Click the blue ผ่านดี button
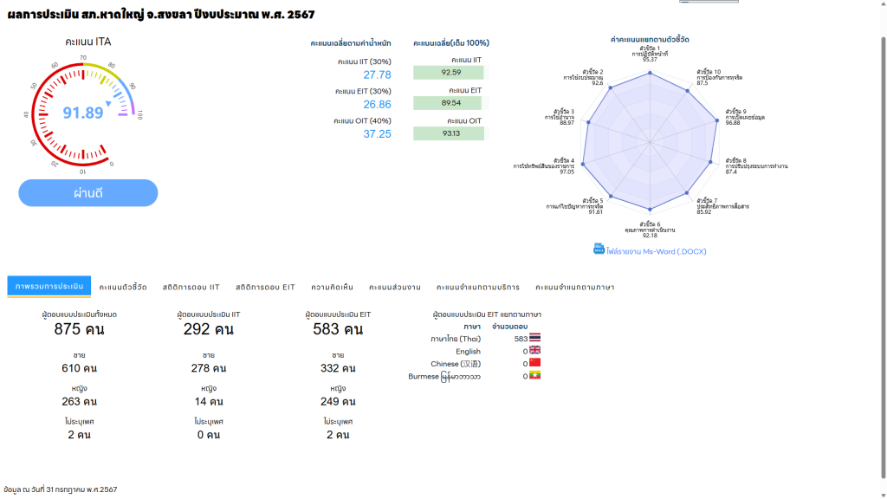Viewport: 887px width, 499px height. point(88,193)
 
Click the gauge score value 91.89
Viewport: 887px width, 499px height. point(83,113)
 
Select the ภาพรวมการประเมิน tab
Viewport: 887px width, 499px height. point(49,287)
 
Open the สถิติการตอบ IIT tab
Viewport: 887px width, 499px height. point(191,287)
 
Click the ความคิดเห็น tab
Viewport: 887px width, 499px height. point(332,287)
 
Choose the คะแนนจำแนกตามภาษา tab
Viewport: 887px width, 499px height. point(574,287)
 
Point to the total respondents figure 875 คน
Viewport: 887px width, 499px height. point(80,329)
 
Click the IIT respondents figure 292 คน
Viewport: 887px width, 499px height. point(209,329)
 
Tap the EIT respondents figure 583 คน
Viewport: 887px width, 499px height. point(338,329)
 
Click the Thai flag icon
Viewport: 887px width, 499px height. point(534,338)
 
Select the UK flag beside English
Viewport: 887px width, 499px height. point(534,351)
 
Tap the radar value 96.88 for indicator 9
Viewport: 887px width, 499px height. point(733,123)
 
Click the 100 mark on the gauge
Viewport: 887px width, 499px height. point(139,114)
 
